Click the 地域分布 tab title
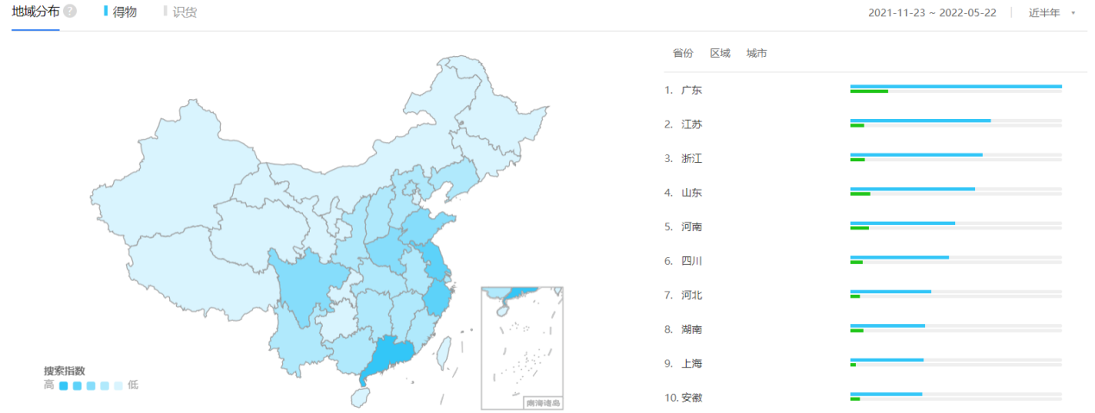(x=35, y=11)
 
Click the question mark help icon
(x=70, y=11)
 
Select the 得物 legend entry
(x=124, y=11)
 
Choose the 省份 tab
(x=683, y=53)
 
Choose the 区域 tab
(x=720, y=53)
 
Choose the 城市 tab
(x=757, y=53)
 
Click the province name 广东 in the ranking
(x=692, y=90)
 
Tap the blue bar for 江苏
(x=920, y=121)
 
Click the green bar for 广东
(x=868, y=91)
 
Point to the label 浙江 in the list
(x=692, y=159)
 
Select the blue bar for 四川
(x=899, y=257)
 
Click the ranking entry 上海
(x=692, y=364)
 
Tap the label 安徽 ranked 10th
(x=692, y=397)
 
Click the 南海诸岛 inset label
(x=543, y=403)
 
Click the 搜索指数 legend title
(x=65, y=371)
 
